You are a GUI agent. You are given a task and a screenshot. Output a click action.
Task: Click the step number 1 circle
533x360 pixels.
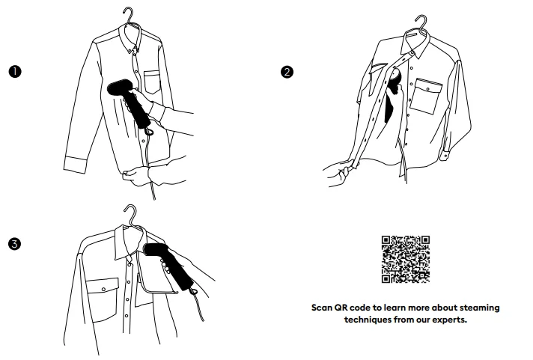15,72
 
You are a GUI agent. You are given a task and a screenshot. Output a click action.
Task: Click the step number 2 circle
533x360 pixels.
287,72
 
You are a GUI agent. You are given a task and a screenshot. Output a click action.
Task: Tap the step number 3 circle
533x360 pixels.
15,244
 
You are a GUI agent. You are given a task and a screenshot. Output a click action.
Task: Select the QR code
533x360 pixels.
406,260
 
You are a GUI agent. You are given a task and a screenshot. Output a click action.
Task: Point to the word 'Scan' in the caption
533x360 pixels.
322,308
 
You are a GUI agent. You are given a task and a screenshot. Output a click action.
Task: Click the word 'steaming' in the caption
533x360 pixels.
480,308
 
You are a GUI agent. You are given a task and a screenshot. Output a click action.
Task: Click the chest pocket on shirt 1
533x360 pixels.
152,82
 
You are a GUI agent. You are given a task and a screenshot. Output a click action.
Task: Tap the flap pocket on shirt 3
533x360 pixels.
102,299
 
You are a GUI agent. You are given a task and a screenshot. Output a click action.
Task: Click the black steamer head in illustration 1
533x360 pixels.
120,87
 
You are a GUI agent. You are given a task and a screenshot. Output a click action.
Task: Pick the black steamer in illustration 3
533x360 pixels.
170,266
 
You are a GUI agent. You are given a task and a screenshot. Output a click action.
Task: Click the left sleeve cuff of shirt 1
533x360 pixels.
76,165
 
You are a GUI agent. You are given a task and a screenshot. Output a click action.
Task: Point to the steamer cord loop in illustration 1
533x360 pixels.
148,130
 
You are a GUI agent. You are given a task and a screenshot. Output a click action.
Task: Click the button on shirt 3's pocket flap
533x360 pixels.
103,290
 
